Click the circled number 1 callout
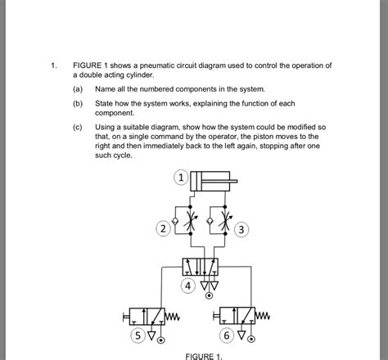click(182, 177)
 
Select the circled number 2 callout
click(164, 229)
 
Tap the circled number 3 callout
click(241, 230)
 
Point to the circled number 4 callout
click(189, 286)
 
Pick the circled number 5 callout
click(138, 335)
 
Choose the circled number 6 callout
click(225, 335)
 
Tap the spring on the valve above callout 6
click(259, 316)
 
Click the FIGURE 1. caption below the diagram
click(204, 356)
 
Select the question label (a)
click(78, 88)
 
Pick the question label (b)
click(78, 104)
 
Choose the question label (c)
click(78, 128)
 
